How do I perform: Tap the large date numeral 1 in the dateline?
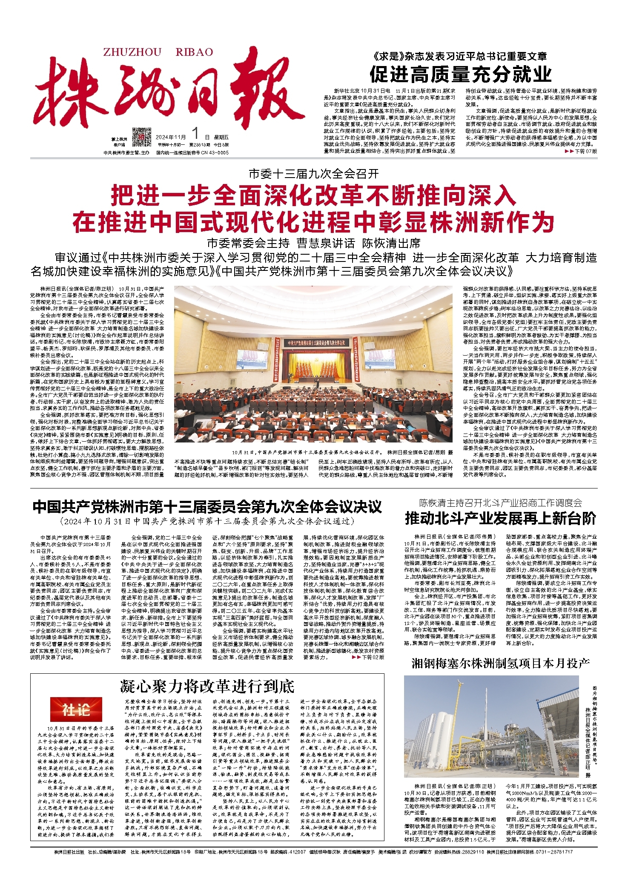pos(196,134)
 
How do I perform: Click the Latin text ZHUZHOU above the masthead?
pos(132,52)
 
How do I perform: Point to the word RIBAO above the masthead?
pos(194,52)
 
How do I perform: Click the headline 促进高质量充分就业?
pos(460,75)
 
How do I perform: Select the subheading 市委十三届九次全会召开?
pos(314,174)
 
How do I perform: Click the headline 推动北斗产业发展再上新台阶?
pos(500,518)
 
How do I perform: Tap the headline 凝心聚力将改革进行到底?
pos(207,687)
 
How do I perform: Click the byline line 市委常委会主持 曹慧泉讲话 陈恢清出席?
pos(314,243)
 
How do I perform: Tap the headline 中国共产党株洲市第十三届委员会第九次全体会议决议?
pos(207,507)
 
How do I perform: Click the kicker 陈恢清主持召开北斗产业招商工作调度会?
pos(500,503)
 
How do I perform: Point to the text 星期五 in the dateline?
pos(221,137)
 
